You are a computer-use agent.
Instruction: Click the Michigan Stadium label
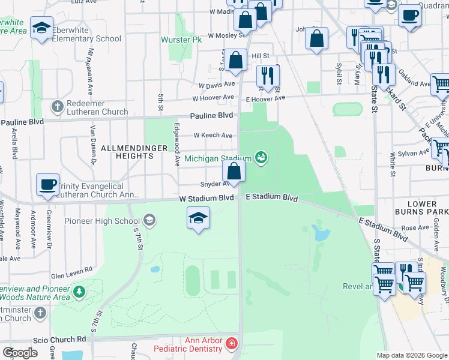click(x=218, y=158)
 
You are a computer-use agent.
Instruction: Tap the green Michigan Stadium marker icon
click(x=261, y=158)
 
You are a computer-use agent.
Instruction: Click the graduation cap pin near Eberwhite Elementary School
click(x=42, y=29)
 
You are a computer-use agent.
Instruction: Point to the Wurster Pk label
click(x=181, y=40)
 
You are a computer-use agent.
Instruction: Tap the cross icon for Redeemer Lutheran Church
click(x=57, y=107)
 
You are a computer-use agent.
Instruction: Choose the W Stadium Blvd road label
click(x=206, y=198)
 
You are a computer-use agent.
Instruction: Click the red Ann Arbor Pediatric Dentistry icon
click(x=232, y=344)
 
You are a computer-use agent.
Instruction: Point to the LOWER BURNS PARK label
click(x=423, y=208)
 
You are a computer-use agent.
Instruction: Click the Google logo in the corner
click(x=20, y=353)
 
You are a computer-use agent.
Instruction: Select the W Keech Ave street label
click(x=212, y=136)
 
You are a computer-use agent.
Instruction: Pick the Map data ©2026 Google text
click(x=412, y=355)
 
